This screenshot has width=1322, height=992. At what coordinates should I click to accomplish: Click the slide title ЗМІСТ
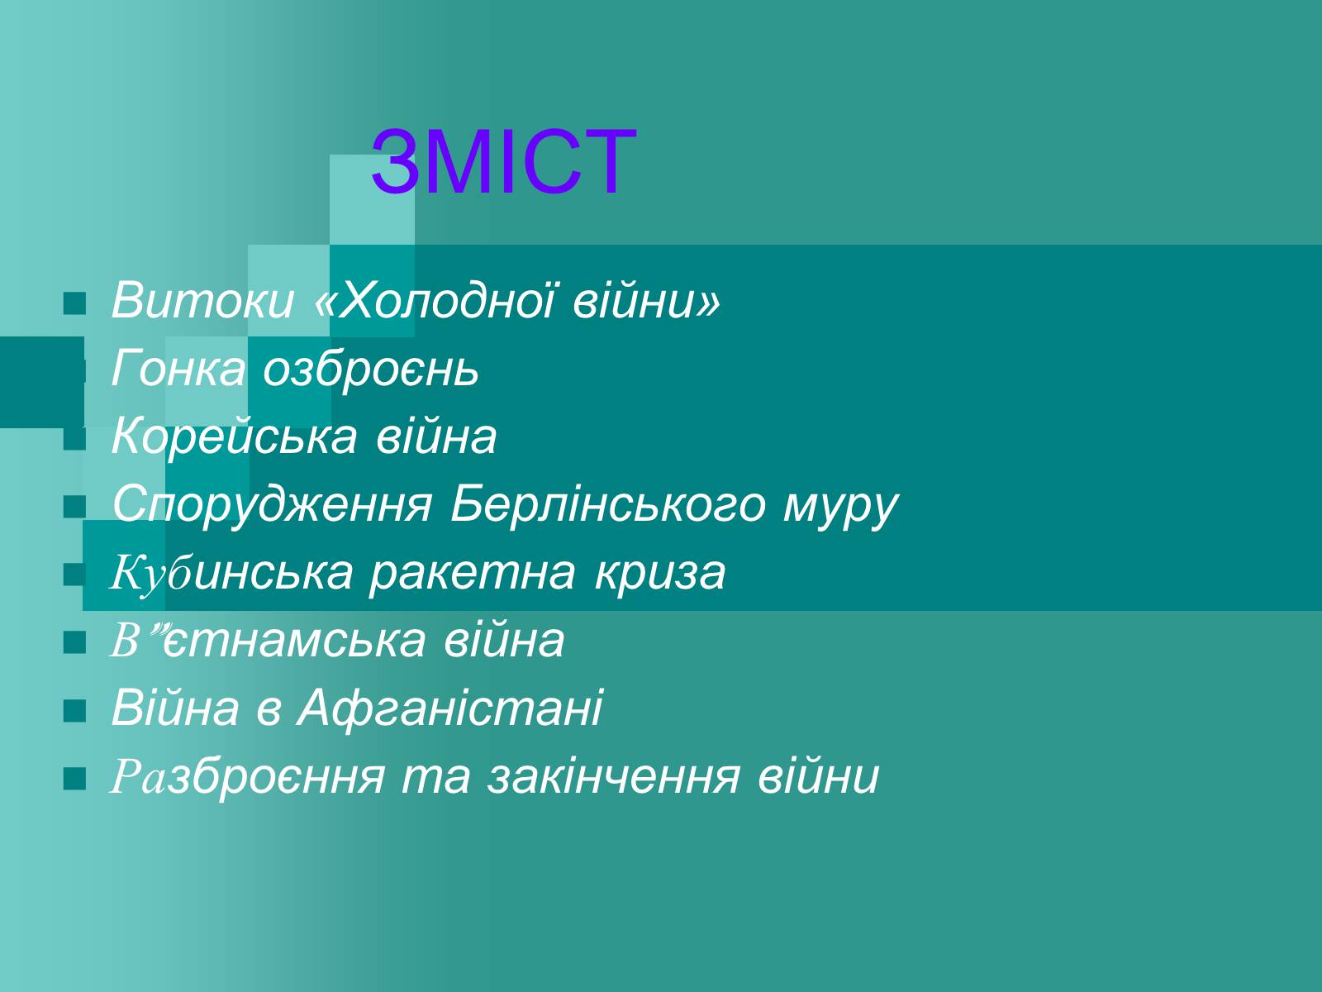(503, 162)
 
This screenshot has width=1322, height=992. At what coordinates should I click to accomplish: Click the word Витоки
(203, 300)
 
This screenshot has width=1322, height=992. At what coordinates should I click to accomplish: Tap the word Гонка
(178, 368)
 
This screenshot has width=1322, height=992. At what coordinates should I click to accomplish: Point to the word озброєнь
(370, 368)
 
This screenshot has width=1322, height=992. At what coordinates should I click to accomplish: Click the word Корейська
(235, 436)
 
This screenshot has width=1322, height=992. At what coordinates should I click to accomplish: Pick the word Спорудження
(272, 506)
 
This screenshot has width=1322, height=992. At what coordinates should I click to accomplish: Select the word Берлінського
(607, 506)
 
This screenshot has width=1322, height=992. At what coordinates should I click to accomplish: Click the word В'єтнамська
(269, 640)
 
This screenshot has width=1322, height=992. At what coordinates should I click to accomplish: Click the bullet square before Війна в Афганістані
(74, 711)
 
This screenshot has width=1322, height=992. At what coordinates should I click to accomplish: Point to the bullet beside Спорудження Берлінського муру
(74, 507)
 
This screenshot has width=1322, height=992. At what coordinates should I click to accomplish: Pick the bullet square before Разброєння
(74, 778)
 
